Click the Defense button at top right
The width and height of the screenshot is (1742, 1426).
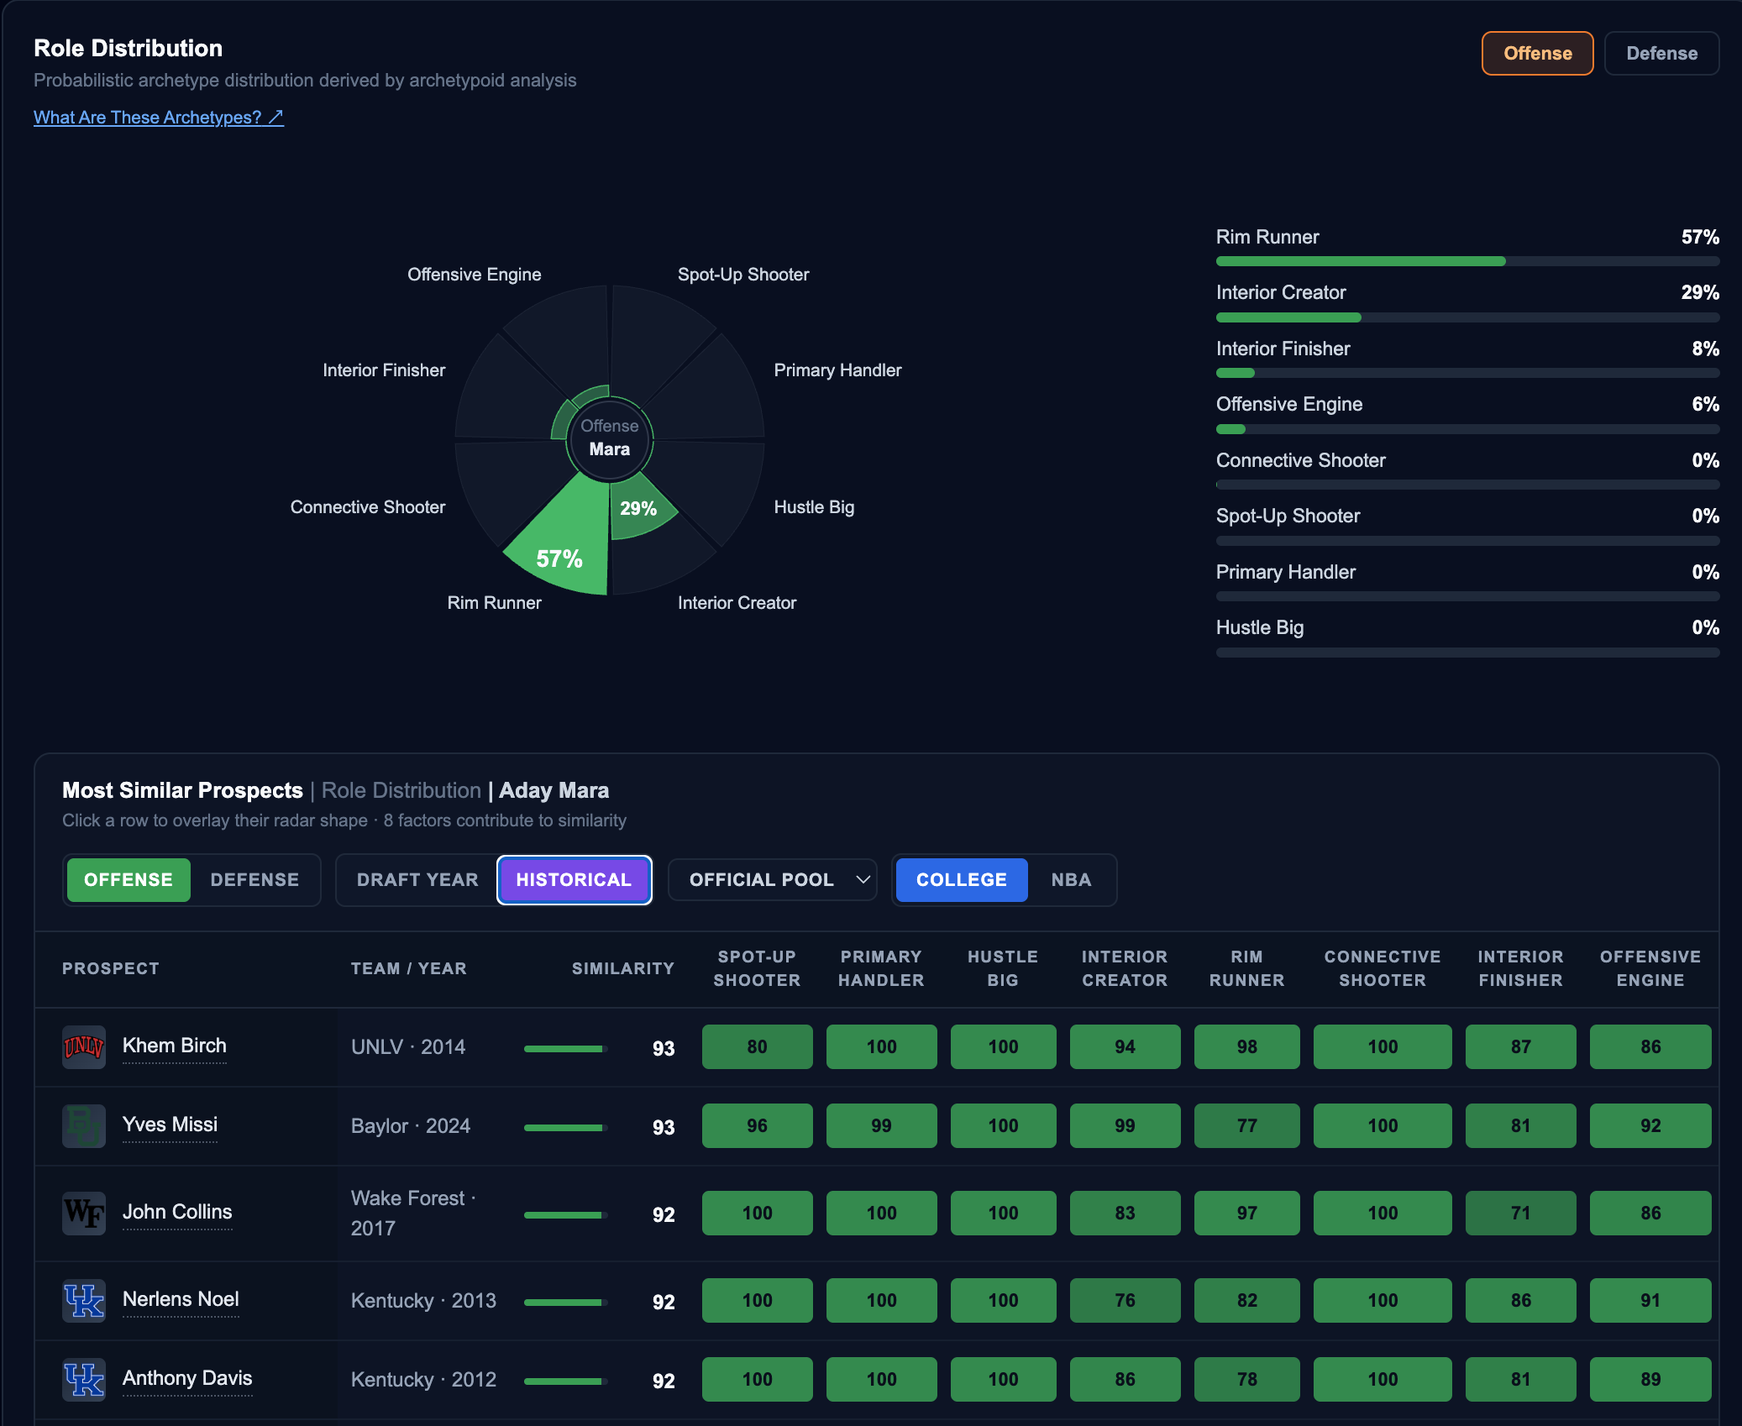(1661, 53)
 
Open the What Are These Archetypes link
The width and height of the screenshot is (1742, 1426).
(159, 118)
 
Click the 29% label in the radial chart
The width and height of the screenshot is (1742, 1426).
(638, 508)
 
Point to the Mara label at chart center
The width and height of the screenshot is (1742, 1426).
(610, 449)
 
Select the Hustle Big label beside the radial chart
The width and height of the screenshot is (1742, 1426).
(814, 507)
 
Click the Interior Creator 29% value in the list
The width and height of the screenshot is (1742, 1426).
(1700, 292)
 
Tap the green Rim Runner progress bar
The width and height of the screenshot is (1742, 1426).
(1361, 261)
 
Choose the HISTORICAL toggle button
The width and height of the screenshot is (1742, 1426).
(574, 879)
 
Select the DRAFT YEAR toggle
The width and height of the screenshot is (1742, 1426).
(417, 879)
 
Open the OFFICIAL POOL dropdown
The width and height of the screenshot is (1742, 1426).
(773, 879)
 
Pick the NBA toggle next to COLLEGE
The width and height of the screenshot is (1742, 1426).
(1071, 879)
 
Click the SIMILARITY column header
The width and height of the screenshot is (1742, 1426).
(623, 968)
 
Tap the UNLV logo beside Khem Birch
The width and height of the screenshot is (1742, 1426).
(84, 1046)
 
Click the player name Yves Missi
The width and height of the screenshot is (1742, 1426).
(170, 1125)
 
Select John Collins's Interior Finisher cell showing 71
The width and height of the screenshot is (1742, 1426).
(1520, 1213)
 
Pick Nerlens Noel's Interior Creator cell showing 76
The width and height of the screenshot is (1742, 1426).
(1125, 1300)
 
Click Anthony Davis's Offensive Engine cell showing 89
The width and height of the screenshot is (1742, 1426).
(1650, 1379)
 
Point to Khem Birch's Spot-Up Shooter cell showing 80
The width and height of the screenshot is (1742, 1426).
(757, 1046)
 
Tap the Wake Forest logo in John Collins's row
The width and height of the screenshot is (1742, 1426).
(84, 1213)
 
